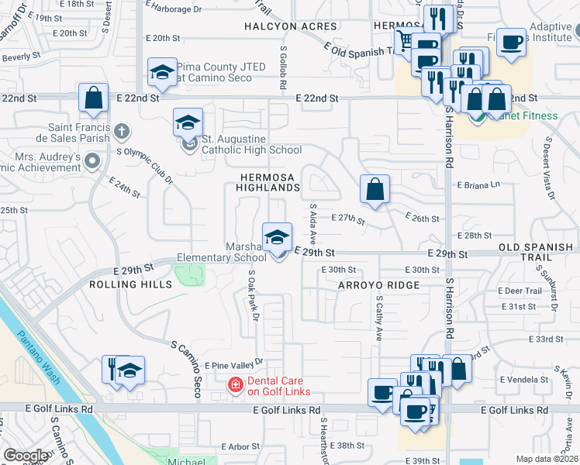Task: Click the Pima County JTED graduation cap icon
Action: click(x=161, y=74)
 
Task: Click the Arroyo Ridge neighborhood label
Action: click(x=378, y=285)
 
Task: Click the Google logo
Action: click(x=26, y=456)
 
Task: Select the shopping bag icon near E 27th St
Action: click(x=375, y=189)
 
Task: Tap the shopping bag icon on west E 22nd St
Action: click(x=93, y=98)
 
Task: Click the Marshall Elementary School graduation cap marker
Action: click(x=277, y=238)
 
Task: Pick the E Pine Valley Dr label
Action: click(x=233, y=363)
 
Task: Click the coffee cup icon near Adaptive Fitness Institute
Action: click(x=511, y=42)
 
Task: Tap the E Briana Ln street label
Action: click(x=479, y=186)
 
